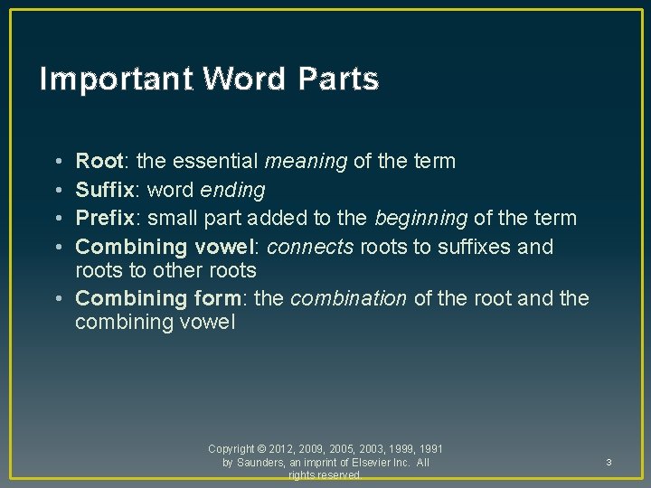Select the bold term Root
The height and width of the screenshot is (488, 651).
coord(99,162)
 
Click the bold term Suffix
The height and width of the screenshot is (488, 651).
coord(104,190)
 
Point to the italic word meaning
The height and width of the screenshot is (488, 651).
coord(306,163)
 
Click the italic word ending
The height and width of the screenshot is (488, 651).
coord(233,191)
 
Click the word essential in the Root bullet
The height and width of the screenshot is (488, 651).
coord(214,162)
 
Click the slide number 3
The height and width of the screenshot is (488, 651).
coord(609,463)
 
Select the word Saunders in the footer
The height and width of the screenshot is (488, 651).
coord(259,463)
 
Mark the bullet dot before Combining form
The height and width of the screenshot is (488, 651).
coord(58,299)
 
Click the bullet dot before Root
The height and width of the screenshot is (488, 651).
coord(58,163)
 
